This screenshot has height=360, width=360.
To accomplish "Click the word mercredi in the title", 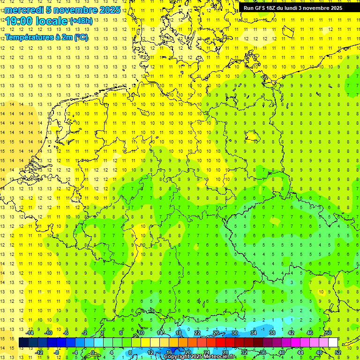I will pos(23,10).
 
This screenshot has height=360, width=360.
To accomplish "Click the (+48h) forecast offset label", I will pos(81,21).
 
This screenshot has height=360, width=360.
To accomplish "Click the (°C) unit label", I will pos(81,37).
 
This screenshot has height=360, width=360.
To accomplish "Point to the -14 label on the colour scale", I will pos(30,333).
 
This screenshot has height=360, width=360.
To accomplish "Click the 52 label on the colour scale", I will pos(338,352).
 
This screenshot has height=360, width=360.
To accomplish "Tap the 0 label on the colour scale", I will pos(93,352).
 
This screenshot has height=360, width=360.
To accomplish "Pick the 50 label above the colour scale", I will pos(329,333).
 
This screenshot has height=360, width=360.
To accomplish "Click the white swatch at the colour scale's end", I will pos(333,343).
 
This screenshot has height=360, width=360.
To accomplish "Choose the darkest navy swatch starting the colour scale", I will pos(23,343).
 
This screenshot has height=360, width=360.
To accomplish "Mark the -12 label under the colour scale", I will pos(39,352).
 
